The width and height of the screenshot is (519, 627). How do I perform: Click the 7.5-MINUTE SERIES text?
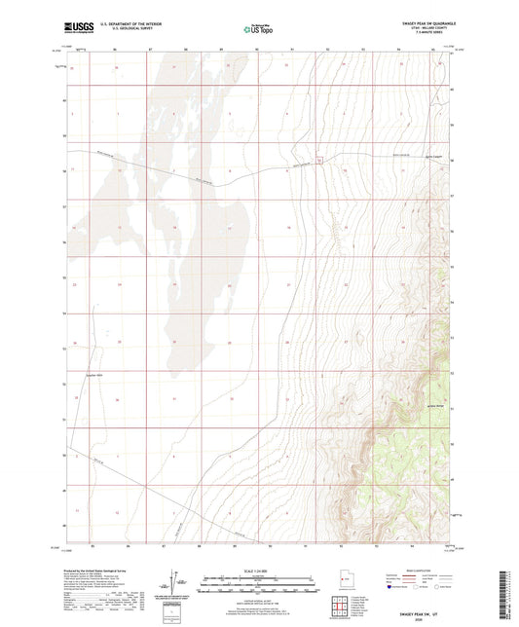click(425, 36)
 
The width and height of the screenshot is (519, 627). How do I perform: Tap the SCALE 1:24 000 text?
click(259, 571)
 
